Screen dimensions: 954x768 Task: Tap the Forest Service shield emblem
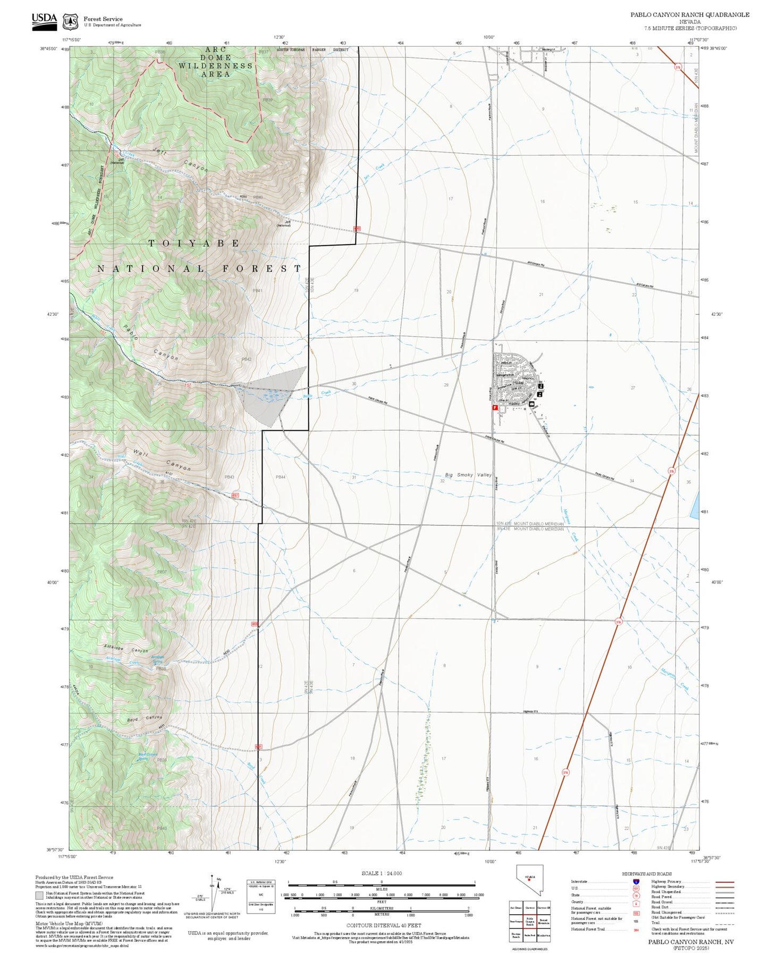pos(70,22)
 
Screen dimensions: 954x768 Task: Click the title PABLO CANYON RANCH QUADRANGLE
pos(690,14)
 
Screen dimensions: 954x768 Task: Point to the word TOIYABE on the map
pos(194,243)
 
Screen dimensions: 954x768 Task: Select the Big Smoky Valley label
pos(468,474)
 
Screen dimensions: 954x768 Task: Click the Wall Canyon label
pos(162,460)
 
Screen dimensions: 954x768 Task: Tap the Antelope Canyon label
pos(126,650)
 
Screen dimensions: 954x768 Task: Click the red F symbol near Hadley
pos(495,407)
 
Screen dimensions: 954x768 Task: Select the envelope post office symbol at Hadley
pos(531,405)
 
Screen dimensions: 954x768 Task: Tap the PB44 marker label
pos(281,477)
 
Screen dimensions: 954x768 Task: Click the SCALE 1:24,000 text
pos(382,873)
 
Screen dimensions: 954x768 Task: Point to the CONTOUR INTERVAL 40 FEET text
pos(384,925)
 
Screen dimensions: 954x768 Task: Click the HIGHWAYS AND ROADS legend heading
pos(647,874)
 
